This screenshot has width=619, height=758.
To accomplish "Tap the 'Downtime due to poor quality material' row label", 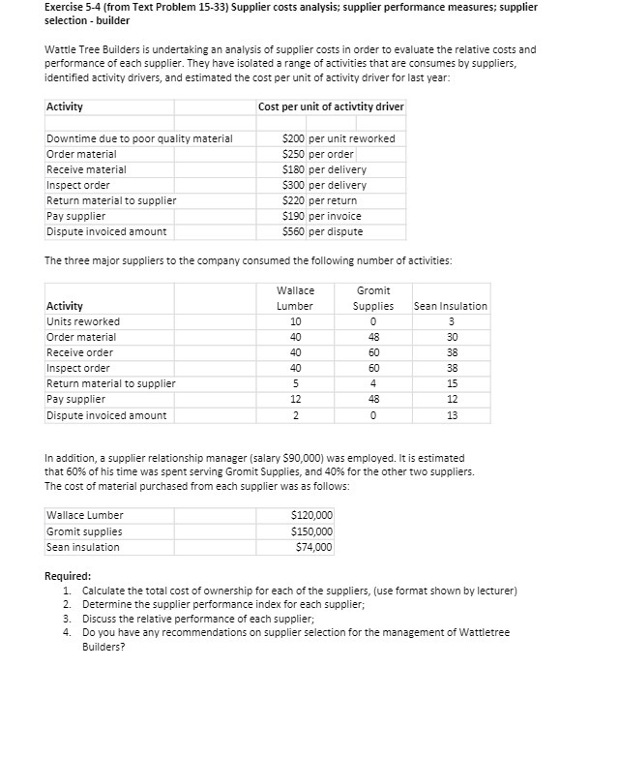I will pos(139,138).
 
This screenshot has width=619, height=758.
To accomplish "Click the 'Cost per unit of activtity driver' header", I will pos(331,106).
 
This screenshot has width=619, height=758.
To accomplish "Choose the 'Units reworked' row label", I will pos(83,321).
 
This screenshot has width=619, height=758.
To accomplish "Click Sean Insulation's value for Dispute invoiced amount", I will pos(450,415).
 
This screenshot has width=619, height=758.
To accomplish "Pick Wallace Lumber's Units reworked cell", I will pos(295,321).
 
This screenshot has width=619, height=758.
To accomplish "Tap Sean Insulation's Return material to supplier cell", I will pos(450,384).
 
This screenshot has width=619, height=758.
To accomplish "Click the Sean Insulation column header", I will pos(450,306).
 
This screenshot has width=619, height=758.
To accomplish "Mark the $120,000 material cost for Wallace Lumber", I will pos(311,516).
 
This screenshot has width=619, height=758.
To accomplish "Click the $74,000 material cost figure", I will pos(314,547).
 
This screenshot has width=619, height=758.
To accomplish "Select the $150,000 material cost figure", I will pos(311,531).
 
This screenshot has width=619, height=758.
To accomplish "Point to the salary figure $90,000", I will pos(286,458).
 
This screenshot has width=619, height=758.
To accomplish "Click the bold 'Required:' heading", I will pos(69,576).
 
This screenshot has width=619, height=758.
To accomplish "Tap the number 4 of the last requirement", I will pos(67,632).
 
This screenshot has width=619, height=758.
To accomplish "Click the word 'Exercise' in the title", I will pos(67,7).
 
